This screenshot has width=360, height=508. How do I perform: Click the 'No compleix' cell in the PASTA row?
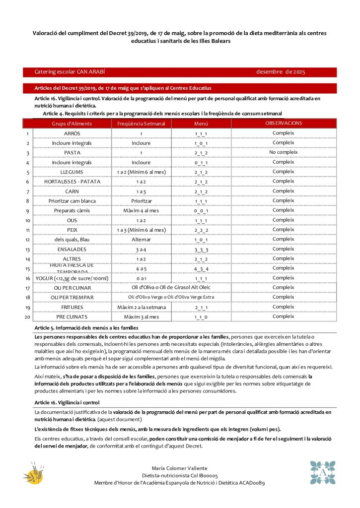pos(283,152)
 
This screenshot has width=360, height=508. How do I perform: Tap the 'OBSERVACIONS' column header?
pos(284,123)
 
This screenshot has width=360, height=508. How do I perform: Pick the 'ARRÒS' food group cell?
pos(72,133)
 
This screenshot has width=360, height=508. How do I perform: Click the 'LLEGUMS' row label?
pos(72,172)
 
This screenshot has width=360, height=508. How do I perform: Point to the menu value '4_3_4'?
pos(201,269)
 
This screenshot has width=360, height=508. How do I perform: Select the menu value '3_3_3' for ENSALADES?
pos(201,250)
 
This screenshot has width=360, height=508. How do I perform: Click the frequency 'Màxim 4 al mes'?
pos(141,211)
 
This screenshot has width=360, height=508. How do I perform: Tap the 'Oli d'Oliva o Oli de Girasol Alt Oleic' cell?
pos(171,288)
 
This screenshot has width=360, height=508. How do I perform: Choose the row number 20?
pos(28,317)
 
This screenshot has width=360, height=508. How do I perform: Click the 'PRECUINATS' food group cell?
pos(72,317)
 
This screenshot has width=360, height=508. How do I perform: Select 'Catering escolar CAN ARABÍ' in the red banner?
pos(70,72)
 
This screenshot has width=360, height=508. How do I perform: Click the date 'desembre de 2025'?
pos(281,72)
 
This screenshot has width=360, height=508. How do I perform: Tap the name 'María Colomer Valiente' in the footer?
pos(179,468)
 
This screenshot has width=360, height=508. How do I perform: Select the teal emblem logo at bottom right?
pos(323,472)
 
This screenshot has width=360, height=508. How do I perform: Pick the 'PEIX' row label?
pos(72,230)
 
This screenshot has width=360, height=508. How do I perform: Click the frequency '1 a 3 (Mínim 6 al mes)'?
pos(141,230)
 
